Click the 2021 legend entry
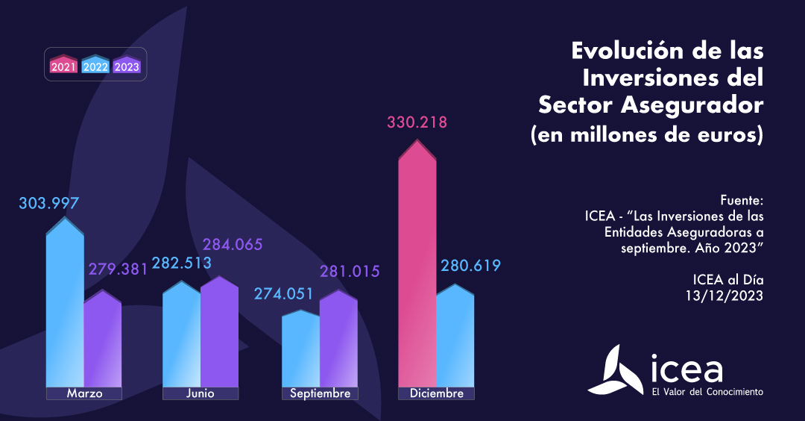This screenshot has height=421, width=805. [64, 66]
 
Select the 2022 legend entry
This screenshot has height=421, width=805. [95, 66]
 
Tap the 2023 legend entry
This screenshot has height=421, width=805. [127, 66]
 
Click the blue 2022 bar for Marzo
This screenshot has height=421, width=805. [65, 306]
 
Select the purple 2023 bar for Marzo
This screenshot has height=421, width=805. [102, 340]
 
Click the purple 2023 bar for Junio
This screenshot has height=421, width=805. [219, 332]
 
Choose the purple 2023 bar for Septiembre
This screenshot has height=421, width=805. [338, 340]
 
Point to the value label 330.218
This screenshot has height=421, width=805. [417, 122]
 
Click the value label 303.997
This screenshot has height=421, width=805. [49, 203]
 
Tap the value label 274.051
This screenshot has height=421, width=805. [284, 294]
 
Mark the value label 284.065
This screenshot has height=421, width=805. [233, 245]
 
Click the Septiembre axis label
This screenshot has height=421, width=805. [319, 393]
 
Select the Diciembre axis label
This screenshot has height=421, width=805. [436, 393]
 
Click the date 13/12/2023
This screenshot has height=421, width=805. [725, 296]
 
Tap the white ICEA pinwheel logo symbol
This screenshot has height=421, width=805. [614, 369]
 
